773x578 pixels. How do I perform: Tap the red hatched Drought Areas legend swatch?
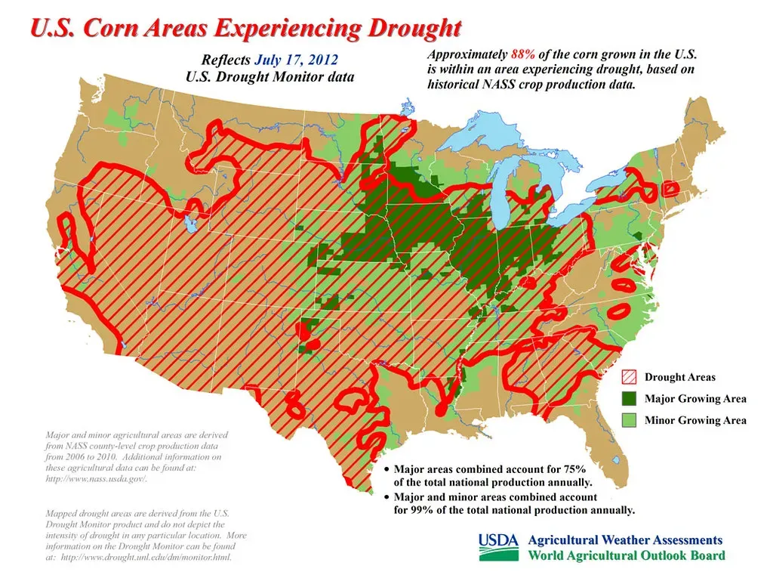(x=629, y=377)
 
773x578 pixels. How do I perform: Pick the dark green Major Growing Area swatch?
(x=629, y=398)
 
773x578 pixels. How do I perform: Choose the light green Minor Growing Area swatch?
(x=629, y=420)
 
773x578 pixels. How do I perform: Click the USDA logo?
(x=499, y=547)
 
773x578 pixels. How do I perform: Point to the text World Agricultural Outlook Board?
(x=626, y=556)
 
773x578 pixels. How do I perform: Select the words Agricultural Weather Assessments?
(x=624, y=540)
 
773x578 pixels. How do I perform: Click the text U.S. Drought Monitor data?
(x=269, y=76)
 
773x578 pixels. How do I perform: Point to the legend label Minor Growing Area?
(x=694, y=420)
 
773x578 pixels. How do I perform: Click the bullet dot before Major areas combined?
(x=387, y=469)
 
